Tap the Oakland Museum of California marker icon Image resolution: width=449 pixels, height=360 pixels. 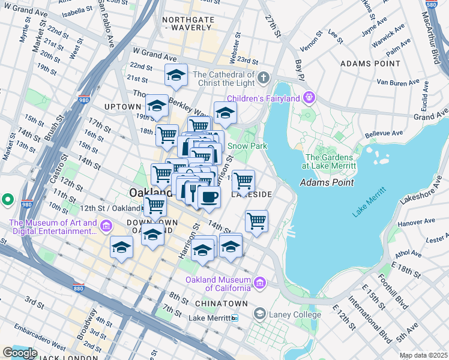260,283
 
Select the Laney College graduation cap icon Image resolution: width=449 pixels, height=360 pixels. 259,313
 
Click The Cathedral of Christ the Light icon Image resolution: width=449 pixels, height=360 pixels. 264,78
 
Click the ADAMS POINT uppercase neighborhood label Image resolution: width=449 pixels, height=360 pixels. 370,63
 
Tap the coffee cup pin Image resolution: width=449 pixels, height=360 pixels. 209,197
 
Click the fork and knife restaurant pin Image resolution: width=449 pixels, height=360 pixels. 193,192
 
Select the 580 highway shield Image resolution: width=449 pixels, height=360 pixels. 441,5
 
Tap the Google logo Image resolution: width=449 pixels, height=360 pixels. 20,353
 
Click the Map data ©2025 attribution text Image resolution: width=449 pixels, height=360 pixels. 423,355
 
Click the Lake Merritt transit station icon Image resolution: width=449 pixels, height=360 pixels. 235,318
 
